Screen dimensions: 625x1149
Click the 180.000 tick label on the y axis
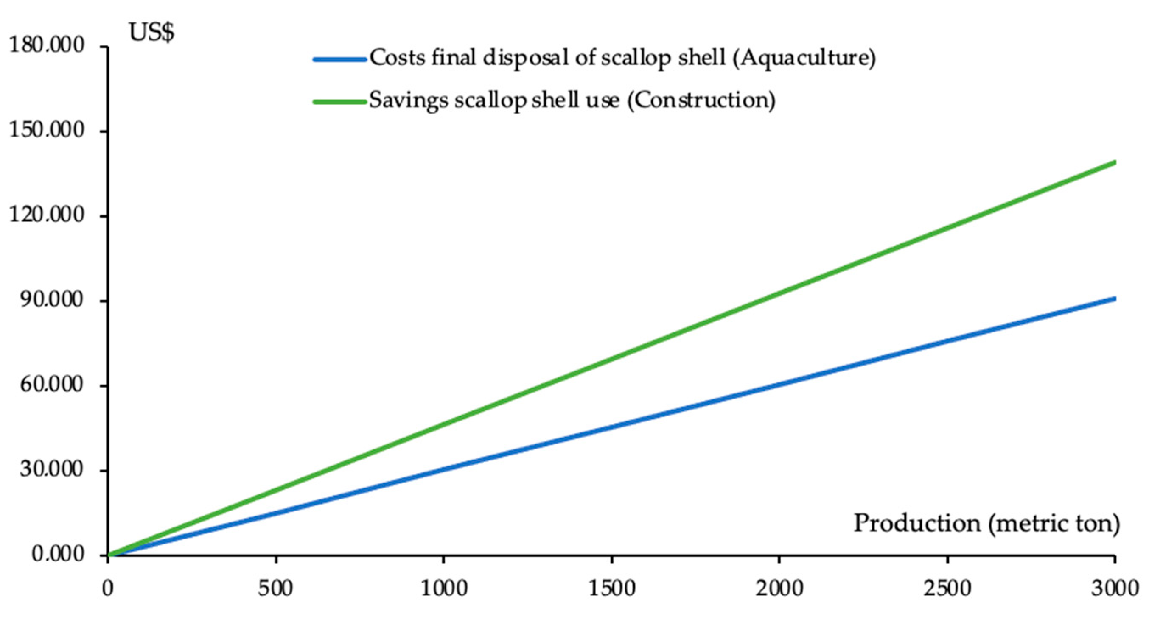coord(46,46)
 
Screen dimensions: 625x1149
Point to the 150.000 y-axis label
coord(46,131)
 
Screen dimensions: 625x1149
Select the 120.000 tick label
coord(46,215)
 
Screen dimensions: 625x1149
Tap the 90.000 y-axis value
coord(51,300)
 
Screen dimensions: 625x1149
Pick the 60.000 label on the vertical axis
coord(51,385)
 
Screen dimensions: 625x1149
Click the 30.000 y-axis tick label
coord(51,469)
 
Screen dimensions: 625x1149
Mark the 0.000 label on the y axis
coord(58,554)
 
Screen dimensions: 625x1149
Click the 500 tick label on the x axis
coord(276,589)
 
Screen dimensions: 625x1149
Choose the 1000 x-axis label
coord(444,589)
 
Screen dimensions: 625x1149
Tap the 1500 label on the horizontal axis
coord(611,589)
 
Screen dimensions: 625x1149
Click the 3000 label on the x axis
coord(1115,589)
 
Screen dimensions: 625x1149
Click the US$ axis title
coord(151,33)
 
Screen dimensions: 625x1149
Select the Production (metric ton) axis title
coord(986,523)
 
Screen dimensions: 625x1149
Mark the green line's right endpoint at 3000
coord(1114,163)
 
